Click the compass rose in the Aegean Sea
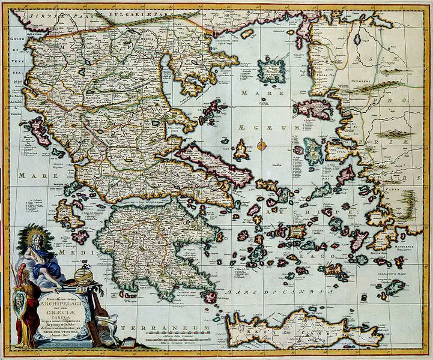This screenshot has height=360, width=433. click(x=262, y=145)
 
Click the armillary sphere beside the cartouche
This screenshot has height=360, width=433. click(x=84, y=277)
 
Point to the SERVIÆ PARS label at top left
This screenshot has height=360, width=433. click(x=43, y=13)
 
